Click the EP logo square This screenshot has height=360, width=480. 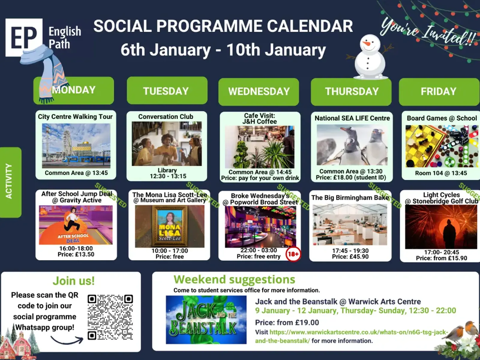(x=24, y=37)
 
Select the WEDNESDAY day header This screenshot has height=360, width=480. (x=259, y=91)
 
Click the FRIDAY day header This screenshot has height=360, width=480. (x=439, y=91)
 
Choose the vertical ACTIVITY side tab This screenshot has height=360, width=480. (x=10, y=182)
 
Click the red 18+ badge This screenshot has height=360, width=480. (x=293, y=254)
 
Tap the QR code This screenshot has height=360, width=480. (x=110, y=317)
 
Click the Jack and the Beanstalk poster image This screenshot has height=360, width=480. (x=206, y=320)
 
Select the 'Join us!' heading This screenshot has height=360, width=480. (x=74, y=281)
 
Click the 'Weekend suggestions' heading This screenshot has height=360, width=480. (x=234, y=279)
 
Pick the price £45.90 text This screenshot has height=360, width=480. (x=350, y=256)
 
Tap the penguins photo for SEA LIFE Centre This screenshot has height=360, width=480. (x=352, y=145)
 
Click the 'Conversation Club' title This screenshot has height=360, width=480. (x=166, y=117)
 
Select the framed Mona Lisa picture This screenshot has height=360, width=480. (x=170, y=226)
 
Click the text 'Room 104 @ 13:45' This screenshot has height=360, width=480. (x=441, y=173)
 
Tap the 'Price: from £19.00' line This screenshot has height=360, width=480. (x=287, y=322)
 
